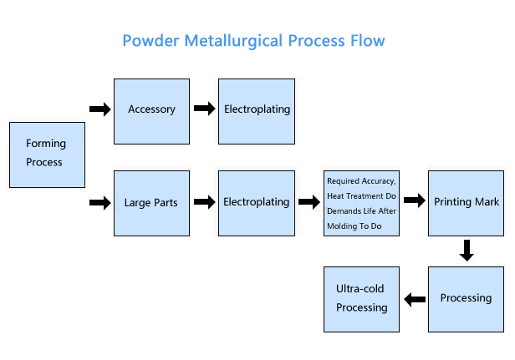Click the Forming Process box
click(48, 155)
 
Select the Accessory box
click(152, 111)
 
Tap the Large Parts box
click(152, 203)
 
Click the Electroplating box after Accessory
click(257, 111)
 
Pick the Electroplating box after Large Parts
click(257, 203)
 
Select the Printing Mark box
click(466, 203)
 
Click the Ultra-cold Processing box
click(362, 299)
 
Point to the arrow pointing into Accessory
click(100, 109)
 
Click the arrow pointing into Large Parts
click(100, 202)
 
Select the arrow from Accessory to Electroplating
click(205, 109)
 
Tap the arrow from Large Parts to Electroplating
click(205, 201)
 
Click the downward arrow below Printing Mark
click(467, 251)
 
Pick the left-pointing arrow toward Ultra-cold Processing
click(415, 299)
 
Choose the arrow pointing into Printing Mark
click(415, 200)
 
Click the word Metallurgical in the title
click(233, 42)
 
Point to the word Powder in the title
click(150, 41)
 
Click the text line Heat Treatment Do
click(362, 196)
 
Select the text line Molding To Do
click(354, 226)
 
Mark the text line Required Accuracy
click(361, 181)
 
